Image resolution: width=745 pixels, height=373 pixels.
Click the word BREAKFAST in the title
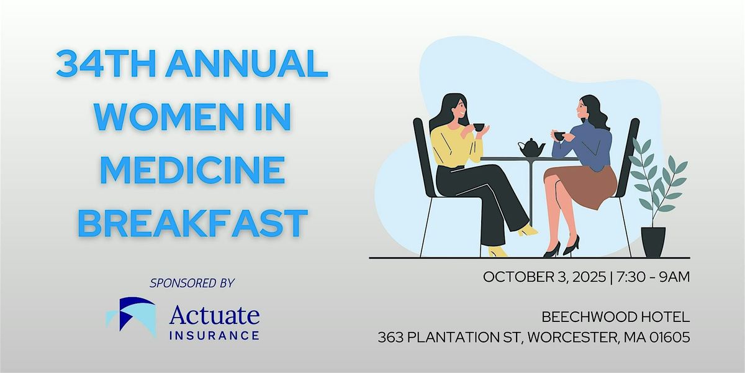pos(192,223)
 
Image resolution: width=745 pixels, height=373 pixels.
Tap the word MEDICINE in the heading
pos(192,170)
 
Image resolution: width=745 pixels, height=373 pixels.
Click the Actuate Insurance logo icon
pos(131,316)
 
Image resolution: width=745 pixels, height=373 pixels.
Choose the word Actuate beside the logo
pos(215,315)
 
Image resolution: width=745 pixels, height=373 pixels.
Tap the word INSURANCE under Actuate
pos(214,335)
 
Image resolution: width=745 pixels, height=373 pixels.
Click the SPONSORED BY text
pos(192,283)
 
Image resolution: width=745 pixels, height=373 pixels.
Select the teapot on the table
pos(531,147)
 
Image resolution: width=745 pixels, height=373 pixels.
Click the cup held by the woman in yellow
pos(479,127)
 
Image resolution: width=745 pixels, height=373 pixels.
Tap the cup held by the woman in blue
pos(559,136)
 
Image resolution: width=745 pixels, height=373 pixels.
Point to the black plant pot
pos(653,242)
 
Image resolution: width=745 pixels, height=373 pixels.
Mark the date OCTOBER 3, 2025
pos(544,277)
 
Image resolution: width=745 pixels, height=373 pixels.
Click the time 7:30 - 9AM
pos(653,277)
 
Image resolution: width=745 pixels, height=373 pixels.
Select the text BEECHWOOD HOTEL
pos(616,317)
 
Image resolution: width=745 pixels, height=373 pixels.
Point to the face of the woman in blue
pos(582,108)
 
